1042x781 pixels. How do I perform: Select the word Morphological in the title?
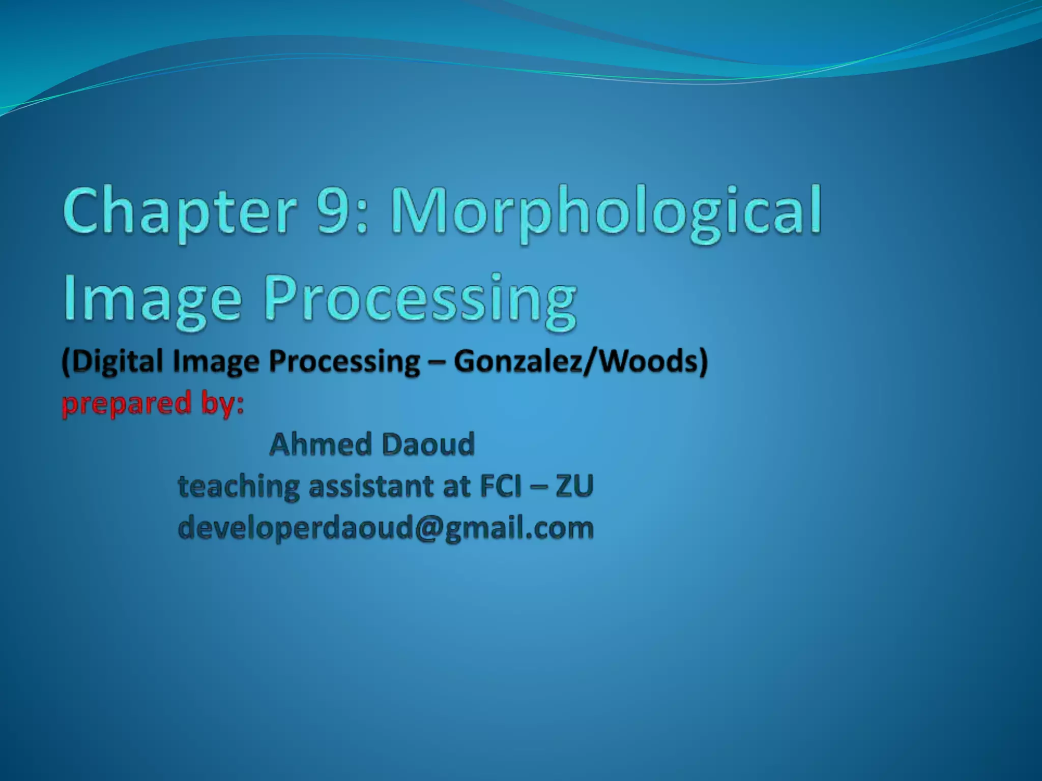605,212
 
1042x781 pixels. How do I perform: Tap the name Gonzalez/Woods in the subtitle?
580,362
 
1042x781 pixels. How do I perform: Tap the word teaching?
238,486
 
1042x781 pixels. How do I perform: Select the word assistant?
372,486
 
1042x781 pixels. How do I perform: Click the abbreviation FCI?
501,486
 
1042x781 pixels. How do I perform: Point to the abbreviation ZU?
574,486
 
